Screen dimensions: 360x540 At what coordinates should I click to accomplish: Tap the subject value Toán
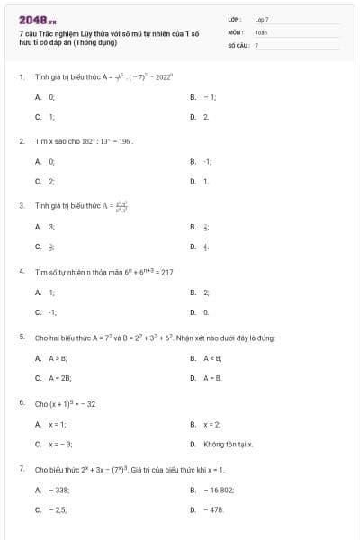click(x=261, y=31)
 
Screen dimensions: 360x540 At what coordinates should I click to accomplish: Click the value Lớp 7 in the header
click(x=262, y=19)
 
